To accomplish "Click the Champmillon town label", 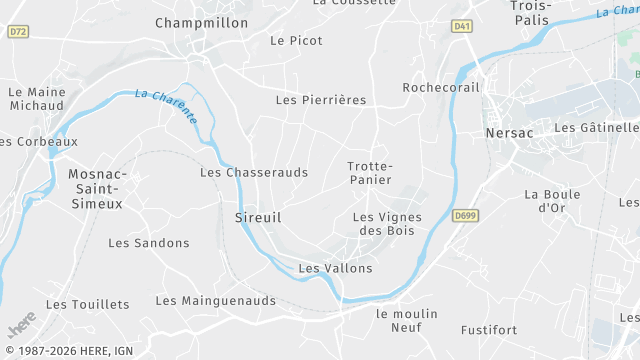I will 201,22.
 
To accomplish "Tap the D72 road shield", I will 17,32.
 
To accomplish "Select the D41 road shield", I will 461,26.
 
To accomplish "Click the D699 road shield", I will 464,215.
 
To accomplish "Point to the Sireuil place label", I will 257,217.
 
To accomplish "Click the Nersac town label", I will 509,133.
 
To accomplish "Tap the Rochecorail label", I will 441,88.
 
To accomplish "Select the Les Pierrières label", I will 320,100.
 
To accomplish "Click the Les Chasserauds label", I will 254,172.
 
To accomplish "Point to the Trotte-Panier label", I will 370,172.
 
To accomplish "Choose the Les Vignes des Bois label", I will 387,224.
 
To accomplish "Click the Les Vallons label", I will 335,268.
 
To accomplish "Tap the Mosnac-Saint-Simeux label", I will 95,188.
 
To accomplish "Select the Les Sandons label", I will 148,243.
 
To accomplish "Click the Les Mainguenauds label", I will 215,300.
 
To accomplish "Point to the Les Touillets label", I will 87,304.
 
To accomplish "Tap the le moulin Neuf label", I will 406,320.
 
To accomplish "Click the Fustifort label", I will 489,329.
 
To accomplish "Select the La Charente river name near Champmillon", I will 166,106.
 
